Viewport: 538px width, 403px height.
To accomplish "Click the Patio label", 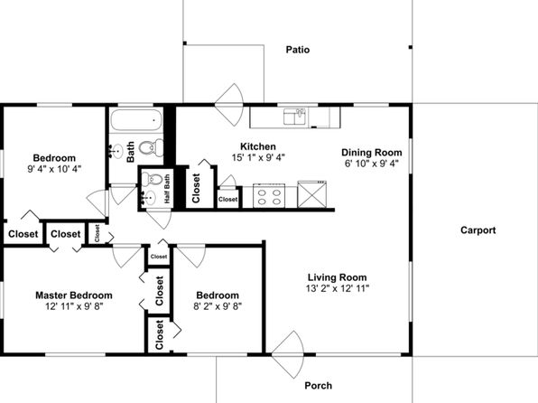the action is coord(298,50).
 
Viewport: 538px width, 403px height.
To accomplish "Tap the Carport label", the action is coord(478,230).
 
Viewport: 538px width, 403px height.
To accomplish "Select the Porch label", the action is coord(318,386).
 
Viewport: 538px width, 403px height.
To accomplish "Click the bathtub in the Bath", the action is coord(136,120).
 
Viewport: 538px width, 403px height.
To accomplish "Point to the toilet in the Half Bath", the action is coord(152,178).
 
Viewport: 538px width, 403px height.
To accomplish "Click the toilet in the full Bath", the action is coord(152,147).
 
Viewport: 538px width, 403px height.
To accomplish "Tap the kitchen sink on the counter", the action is coord(294,117).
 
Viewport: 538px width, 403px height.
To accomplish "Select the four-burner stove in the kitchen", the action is coord(269,196).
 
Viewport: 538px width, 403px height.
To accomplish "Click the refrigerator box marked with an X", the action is coord(312,194).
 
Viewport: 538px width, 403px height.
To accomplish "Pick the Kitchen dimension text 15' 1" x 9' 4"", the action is coord(258,158).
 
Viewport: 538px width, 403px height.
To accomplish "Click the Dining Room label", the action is coord(372,152).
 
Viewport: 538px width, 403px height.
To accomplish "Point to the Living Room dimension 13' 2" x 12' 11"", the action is coord(338,288).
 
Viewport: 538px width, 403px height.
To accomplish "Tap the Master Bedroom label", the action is coord(74,295).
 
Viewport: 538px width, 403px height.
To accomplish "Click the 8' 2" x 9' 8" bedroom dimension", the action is coord(218,305).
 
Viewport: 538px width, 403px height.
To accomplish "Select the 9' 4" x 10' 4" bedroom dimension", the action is coord(54,169).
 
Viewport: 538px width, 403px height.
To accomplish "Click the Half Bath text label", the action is coord(167,189).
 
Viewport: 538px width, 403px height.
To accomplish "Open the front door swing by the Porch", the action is coord(288,354).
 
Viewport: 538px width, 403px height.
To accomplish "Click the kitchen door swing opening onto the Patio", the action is coord(229,105).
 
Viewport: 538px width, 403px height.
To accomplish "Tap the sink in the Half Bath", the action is coord(149,198).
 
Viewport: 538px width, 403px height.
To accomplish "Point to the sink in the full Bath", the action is coord(116,151).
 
